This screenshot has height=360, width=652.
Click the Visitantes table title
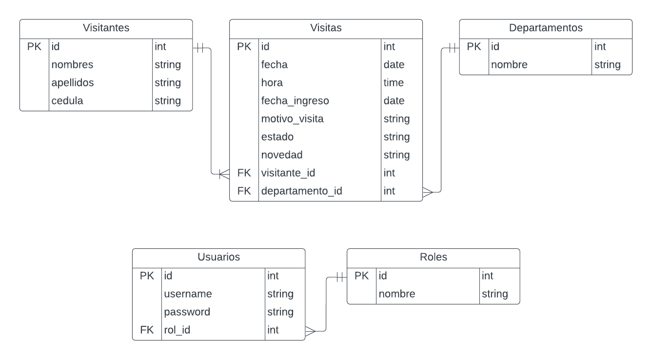pos(106,28)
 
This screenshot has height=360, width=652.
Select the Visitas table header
pos(326,28)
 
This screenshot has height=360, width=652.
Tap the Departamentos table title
pos(546,28)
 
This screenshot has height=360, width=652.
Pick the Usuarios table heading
pos(218,257)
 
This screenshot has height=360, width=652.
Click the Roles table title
pos(433,257)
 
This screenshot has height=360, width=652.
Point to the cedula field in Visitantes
pos(67,101)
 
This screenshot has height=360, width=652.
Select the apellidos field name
pos(73,83)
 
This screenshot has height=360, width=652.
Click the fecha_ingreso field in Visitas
pos(295,101)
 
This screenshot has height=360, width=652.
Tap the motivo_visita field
pos(292,119)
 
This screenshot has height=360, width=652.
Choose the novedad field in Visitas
pos(282,155)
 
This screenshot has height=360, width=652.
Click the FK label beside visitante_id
pos(244,173)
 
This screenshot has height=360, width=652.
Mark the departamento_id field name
pos(301,191)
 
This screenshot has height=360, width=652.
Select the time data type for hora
pos(394,83)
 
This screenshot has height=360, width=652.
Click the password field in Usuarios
pos(187,312)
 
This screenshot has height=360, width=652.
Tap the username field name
pos(188,294)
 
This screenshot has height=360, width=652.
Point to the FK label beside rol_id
pos(147,330)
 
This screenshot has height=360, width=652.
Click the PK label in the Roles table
pos(361,276)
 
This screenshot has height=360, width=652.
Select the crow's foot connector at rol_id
pos(311,331)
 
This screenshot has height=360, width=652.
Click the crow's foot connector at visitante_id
pos(224,173)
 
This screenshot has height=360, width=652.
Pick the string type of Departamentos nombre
pos(607,65)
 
